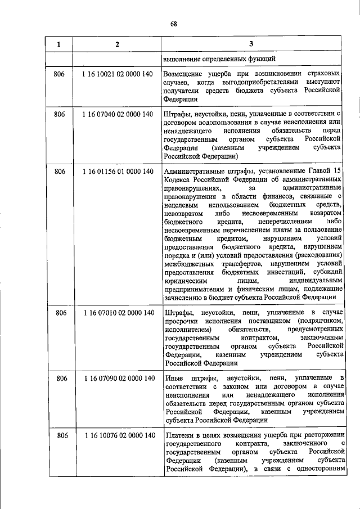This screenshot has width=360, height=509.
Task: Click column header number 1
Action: point(58,44)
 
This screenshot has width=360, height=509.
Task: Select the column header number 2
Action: point(116,44)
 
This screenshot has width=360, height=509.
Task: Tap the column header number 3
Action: point(251,44)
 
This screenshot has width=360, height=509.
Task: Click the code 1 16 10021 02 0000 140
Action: point(118,74)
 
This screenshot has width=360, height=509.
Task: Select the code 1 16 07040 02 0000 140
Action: point(118,115)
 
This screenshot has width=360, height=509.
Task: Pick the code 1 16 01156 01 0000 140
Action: point(118,171)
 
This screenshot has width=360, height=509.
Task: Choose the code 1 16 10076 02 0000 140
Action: point(118,435)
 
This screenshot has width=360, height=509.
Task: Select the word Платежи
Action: point(181,435)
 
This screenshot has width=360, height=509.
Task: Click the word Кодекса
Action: point(179,179)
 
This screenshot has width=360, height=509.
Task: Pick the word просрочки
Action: point(181,321)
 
